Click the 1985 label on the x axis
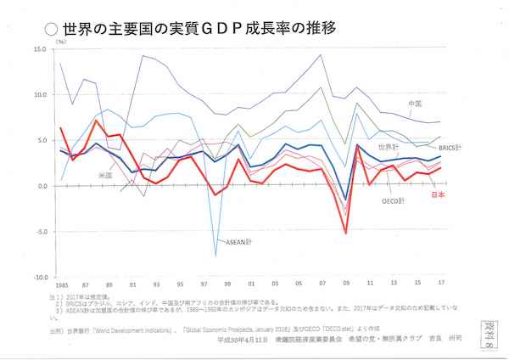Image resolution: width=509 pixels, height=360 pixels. (60, 286)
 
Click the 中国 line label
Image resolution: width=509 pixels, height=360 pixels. (416, 104)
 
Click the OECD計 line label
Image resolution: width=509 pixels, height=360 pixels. (393, 201)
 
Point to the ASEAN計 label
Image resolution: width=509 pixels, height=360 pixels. (220, 239)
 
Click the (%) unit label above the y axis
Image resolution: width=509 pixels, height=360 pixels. (60, 41)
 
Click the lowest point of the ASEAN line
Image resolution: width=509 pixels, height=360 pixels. (216, 255)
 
